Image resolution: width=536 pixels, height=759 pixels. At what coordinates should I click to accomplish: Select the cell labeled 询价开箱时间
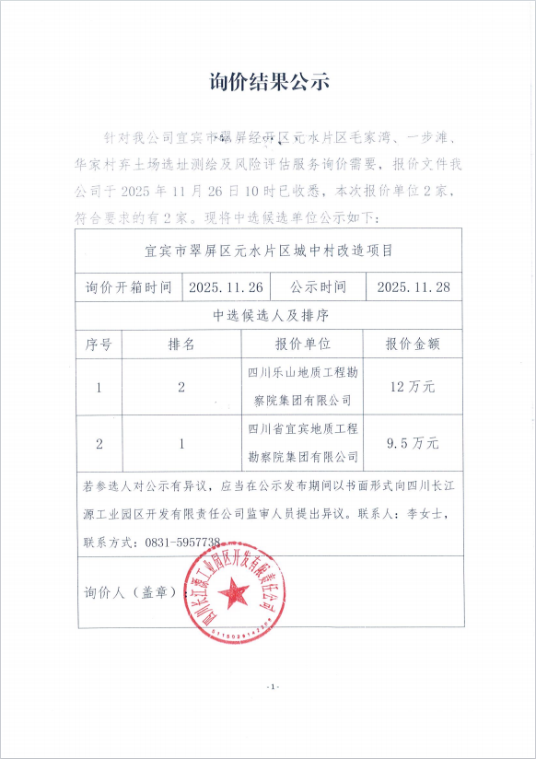(x=128, y=286)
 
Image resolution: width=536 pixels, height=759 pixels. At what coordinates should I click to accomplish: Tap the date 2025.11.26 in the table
(x=226, y=286)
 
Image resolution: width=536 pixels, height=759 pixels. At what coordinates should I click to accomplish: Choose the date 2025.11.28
(x=414, y=286)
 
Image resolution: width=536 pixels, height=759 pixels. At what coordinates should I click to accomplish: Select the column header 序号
(x=99, y=344)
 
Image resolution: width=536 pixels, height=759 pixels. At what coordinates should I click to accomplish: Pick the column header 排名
(x=181, y=344)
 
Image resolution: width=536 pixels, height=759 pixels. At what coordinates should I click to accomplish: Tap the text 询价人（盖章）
(x=129, y=591)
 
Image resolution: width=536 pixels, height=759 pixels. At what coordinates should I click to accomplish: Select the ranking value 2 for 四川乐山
(x=181, y=387)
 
